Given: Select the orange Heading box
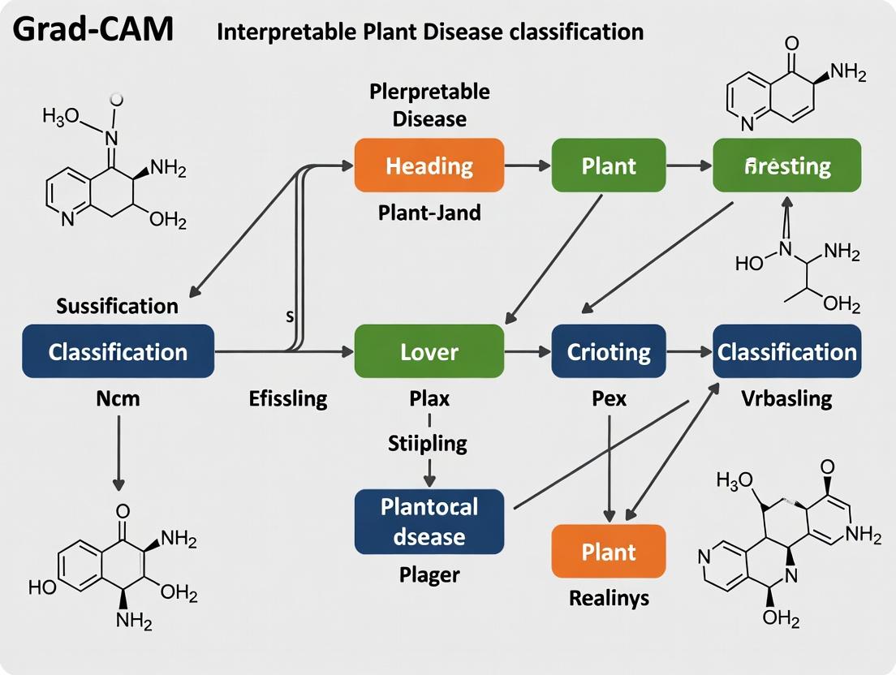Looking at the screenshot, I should [x=429, y=166].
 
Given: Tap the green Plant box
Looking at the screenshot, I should [x=609, y=166].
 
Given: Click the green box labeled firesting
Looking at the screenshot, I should [x=786, y=166].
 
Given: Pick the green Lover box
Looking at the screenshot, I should [x=429, y=351].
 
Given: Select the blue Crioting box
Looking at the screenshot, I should [x=609, y=351].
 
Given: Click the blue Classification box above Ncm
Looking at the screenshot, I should [x=118, y=351].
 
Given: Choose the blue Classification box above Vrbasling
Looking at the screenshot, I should [x=786, y=351].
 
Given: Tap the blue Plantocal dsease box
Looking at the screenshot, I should [x=429, y=522].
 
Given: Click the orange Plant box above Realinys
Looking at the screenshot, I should [x=609, y=552].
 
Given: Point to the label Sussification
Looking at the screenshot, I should [x=118, y=306].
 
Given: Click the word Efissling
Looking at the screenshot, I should [x=288, y=398].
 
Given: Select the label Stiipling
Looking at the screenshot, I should [x=428, y=443].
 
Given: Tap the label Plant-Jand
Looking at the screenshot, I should [x=429, y=213].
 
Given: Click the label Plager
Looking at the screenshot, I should [x=429, y=575].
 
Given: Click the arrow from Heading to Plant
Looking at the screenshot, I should [x=528, y=166].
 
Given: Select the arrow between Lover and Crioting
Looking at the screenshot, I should [x=528, y=351].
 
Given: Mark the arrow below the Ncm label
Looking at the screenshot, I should [x=118, y=454].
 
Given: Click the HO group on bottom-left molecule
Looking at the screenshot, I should [x=42, y=587].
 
